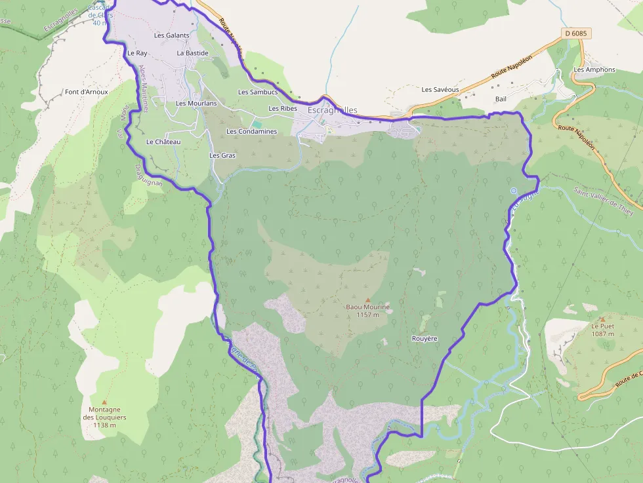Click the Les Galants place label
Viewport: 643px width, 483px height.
tap(171, 35)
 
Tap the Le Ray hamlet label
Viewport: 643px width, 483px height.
tap(137, 53)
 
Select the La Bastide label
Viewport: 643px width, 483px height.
tap(192, 53)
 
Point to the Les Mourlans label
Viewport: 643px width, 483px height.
tap(196, 104)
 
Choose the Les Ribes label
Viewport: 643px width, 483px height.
tap(283, 108)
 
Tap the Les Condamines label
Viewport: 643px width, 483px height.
tap(251, 131)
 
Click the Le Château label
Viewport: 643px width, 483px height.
tap(163, 142)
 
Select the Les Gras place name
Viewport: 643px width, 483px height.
tap(222, 155)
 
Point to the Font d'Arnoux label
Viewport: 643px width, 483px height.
tap(86, 92)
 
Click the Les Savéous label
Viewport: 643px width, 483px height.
tap(440, 90)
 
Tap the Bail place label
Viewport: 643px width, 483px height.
tap(501, 99)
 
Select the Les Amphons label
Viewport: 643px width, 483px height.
tap(594, 69)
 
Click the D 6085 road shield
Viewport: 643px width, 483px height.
tap(575, 33)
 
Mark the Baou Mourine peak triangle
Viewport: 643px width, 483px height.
tap(367, 299)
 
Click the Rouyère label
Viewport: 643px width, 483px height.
tap(425, 338)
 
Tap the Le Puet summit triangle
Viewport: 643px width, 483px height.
tap(602, 319)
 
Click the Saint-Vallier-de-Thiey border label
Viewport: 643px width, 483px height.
tap(604, 200)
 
